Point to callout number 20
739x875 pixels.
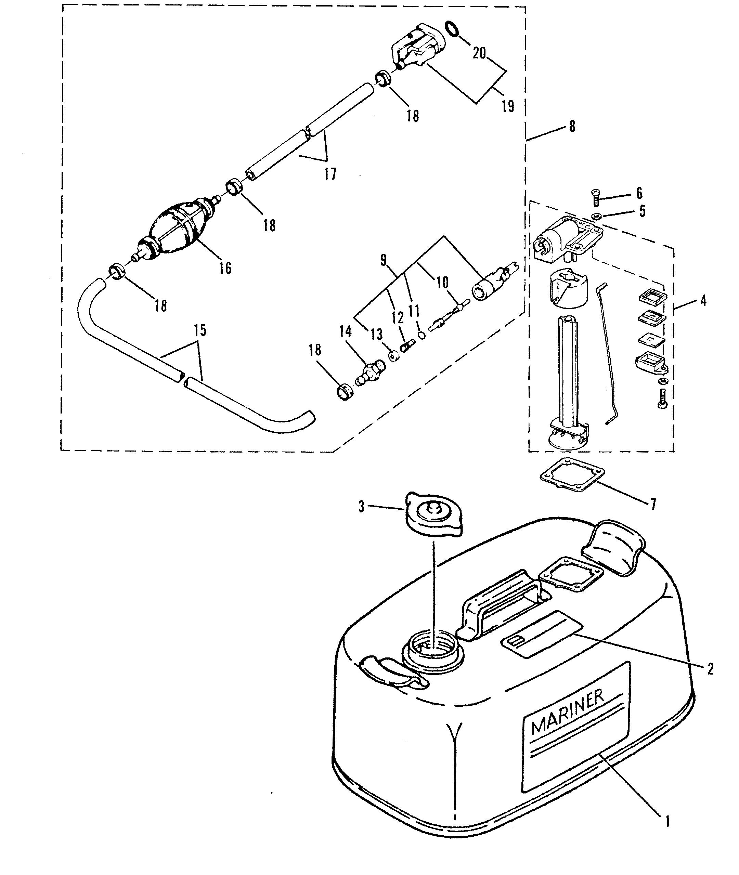point(479,53)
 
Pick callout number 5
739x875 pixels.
point(642,211)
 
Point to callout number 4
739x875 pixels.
point(703,300)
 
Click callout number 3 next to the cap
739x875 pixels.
point(362,507)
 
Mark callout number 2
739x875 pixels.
point(710,669)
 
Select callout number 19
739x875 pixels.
point(507,106)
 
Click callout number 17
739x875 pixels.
point(330,173)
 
